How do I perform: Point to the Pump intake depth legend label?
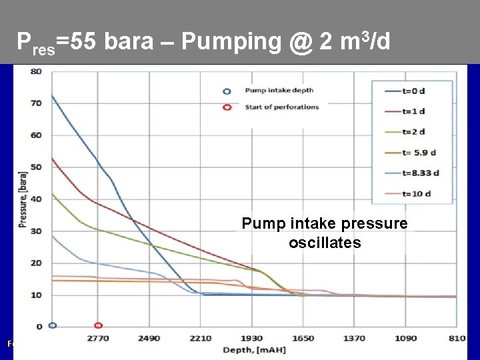click(279, 90)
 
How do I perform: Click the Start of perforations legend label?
click(281, 107)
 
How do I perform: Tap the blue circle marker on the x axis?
click(53, 325)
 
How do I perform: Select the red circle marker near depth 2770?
click(98, 325)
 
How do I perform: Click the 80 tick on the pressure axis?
click(37, 71)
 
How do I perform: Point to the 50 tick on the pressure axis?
click(37, 167)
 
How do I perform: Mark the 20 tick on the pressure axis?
click(37, 263)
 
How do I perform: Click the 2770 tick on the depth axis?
click(98, 339)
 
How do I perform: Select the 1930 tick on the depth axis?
click(251, 339)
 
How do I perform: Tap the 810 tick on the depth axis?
click(456, 339)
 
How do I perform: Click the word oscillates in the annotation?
click(325, 243)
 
